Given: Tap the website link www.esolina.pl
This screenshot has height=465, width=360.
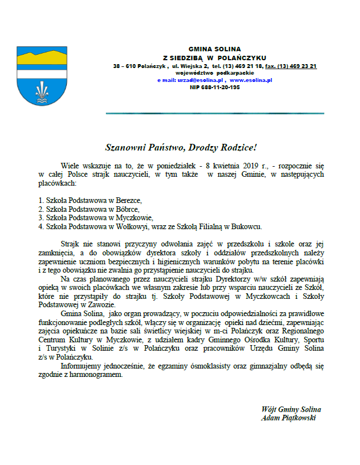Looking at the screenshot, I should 251,80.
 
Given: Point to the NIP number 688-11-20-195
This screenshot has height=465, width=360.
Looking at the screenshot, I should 215,88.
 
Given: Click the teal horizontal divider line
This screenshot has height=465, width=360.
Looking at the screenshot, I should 215,114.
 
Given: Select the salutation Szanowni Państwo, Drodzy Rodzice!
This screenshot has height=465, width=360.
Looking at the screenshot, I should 181,147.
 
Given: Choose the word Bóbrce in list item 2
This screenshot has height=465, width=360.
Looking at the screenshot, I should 128,209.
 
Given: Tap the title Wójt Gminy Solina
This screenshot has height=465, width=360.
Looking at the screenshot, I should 291,409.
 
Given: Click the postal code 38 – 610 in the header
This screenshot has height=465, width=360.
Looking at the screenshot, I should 125,66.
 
